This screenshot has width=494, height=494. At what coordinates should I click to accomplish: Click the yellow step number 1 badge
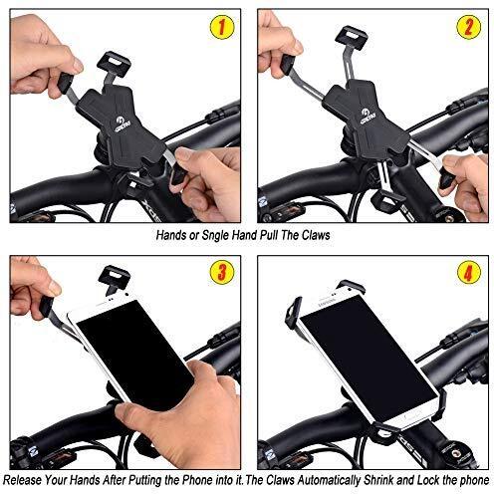[x=221, y=27]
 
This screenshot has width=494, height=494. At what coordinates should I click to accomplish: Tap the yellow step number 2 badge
[x=468, y=27]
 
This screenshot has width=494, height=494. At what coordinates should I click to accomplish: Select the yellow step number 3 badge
[x=221, y=273]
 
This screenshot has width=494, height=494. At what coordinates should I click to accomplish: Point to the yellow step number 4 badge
[x=468, y=273]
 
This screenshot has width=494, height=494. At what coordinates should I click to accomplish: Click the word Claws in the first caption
[x=316, y=235]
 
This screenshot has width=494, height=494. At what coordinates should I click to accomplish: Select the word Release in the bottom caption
[x=23, y=480]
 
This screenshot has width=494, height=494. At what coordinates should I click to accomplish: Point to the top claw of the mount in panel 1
[x=114, y=64]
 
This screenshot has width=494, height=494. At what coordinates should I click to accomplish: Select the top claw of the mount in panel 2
[x=351, y=38]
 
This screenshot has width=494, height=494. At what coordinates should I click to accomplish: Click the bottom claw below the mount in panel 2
[x=387, y=201]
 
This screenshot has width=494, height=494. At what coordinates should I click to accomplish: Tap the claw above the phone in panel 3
[x=115, y=277]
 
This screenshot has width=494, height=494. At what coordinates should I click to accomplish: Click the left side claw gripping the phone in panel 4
[x=294, y=313]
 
